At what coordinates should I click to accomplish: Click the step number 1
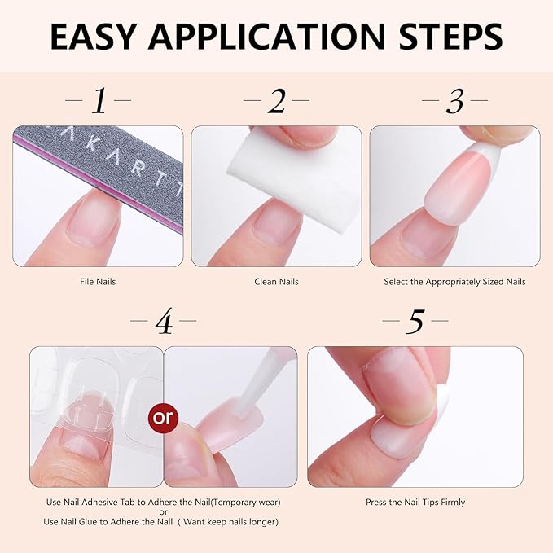[99, 102]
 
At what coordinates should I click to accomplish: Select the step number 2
[277, 102]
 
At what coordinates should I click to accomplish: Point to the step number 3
[454, 102]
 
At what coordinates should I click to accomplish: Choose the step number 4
[164, 323]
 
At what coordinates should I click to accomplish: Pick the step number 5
[415, 323]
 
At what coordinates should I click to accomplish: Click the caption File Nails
[98, 282]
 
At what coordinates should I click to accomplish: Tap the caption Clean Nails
[276, 282]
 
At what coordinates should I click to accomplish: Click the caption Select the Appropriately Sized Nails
[454, 282]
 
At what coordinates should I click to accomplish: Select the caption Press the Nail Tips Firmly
[415, 503]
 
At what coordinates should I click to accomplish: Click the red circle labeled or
[164, 417]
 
